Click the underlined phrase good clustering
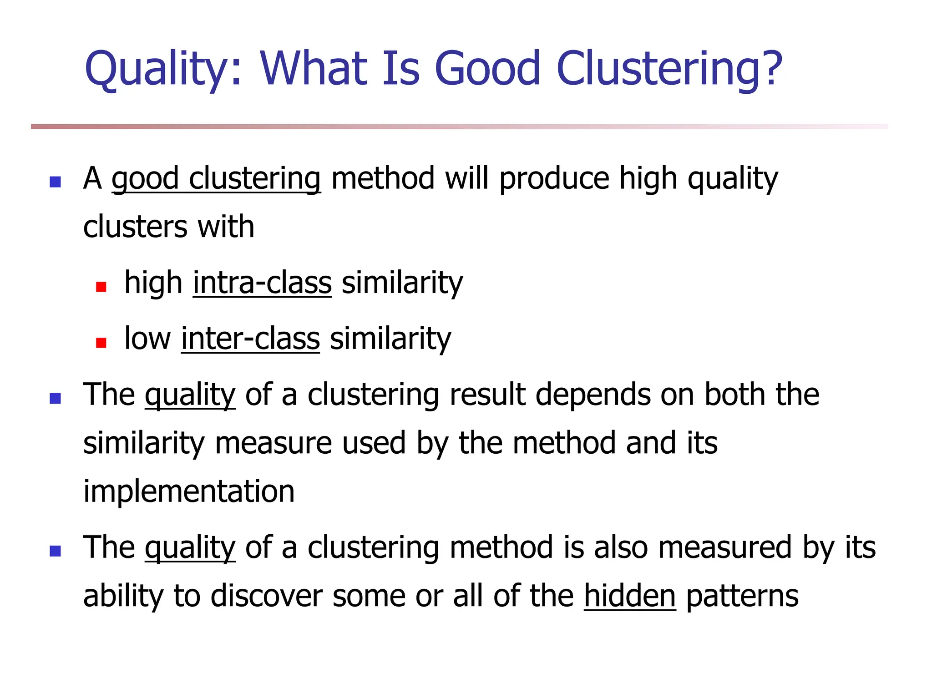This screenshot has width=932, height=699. tap(216, 179)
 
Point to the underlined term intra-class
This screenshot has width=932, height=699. tap(262, 283)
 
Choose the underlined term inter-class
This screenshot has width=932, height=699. tap(250, 339)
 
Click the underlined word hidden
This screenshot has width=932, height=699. tap(629, 596)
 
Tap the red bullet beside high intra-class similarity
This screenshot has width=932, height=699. tap(101, 287)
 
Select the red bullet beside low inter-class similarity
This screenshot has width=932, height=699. tap(101, 343)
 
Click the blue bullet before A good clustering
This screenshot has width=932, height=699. tap(55, 182)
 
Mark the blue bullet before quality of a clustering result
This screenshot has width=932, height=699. tap(55, 399)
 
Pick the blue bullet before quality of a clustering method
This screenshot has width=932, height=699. tap(55, 551)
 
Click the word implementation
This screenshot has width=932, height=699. tap(189, 491)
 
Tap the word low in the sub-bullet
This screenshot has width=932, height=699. tap(147, 339)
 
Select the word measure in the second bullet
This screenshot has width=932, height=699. tap(273, 443)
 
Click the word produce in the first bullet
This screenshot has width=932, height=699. tap(554, 179)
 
